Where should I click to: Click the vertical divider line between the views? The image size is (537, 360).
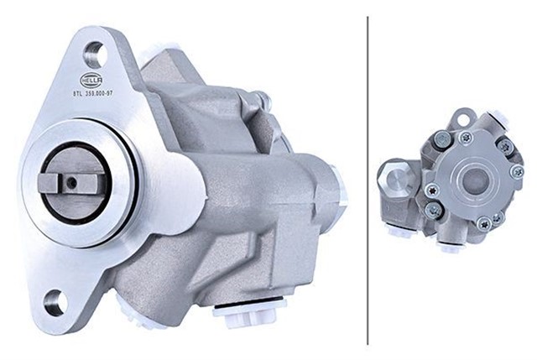tap(368, 180)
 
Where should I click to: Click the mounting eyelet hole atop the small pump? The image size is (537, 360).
tap(463, 117)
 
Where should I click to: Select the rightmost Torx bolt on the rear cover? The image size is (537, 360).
tap(517, 173)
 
